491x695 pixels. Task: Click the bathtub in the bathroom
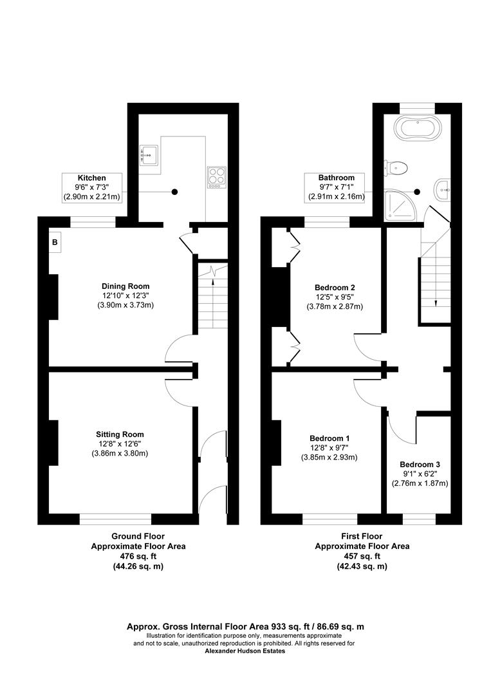click(417, 128)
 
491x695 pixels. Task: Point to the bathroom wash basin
click(442, 188)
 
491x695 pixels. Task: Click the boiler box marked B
click(55, 243)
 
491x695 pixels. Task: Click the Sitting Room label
click(120, 434)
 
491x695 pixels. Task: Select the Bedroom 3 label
click(420, 465)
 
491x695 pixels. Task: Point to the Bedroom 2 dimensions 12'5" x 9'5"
click(335, 297)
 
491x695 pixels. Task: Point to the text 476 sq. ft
click(138, 556)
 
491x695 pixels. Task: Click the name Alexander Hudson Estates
click(245, 651)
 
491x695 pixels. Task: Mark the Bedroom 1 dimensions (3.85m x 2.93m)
click(329, 458)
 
